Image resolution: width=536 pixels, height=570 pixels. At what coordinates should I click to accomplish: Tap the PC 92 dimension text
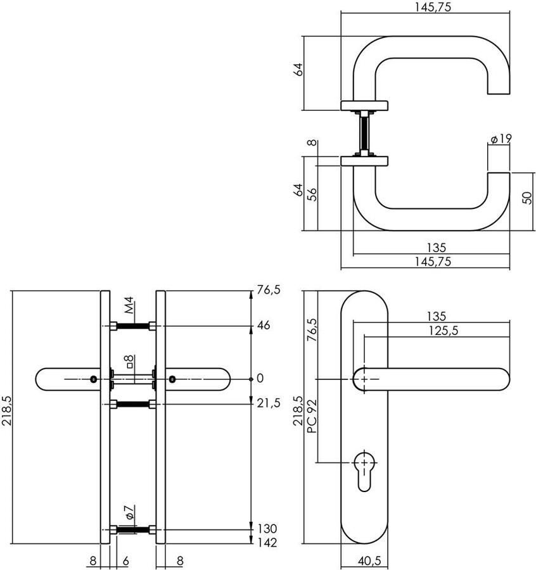click(x=311, y=420)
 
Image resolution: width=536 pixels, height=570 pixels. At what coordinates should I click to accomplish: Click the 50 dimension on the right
click(x=526, y=196)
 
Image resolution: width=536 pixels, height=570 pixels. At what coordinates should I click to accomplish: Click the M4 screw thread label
click(x=129, y=306)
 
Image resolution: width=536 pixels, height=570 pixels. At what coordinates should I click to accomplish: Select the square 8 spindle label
click(x=129, y=362)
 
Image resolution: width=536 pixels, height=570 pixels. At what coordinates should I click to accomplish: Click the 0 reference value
click(x=258, y=379)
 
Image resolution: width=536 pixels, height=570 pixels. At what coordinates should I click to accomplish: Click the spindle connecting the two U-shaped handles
click(x=364, y=133)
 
